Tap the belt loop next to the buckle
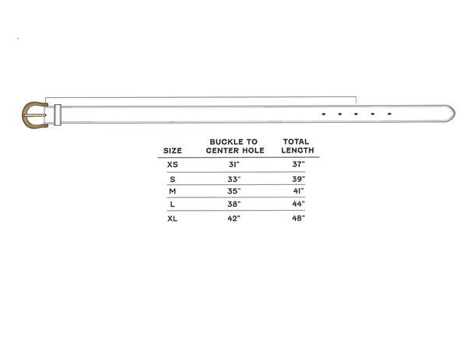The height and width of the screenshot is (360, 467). click(x=58, y=115)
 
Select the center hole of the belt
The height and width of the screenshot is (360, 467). click(x=356, y=114)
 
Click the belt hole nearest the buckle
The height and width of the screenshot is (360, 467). click(x=324, y=114)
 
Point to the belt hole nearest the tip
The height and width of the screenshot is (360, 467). click(x=389, y=114)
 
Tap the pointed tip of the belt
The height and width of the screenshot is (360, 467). click(x=455, y=113)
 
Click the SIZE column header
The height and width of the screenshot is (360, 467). click(x=173, y=151)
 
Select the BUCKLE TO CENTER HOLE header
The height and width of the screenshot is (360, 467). click(x=235, y=146)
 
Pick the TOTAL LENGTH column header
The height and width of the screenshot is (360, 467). click(x=297, y=145)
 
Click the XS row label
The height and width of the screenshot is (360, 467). click(x=173, y=165)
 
